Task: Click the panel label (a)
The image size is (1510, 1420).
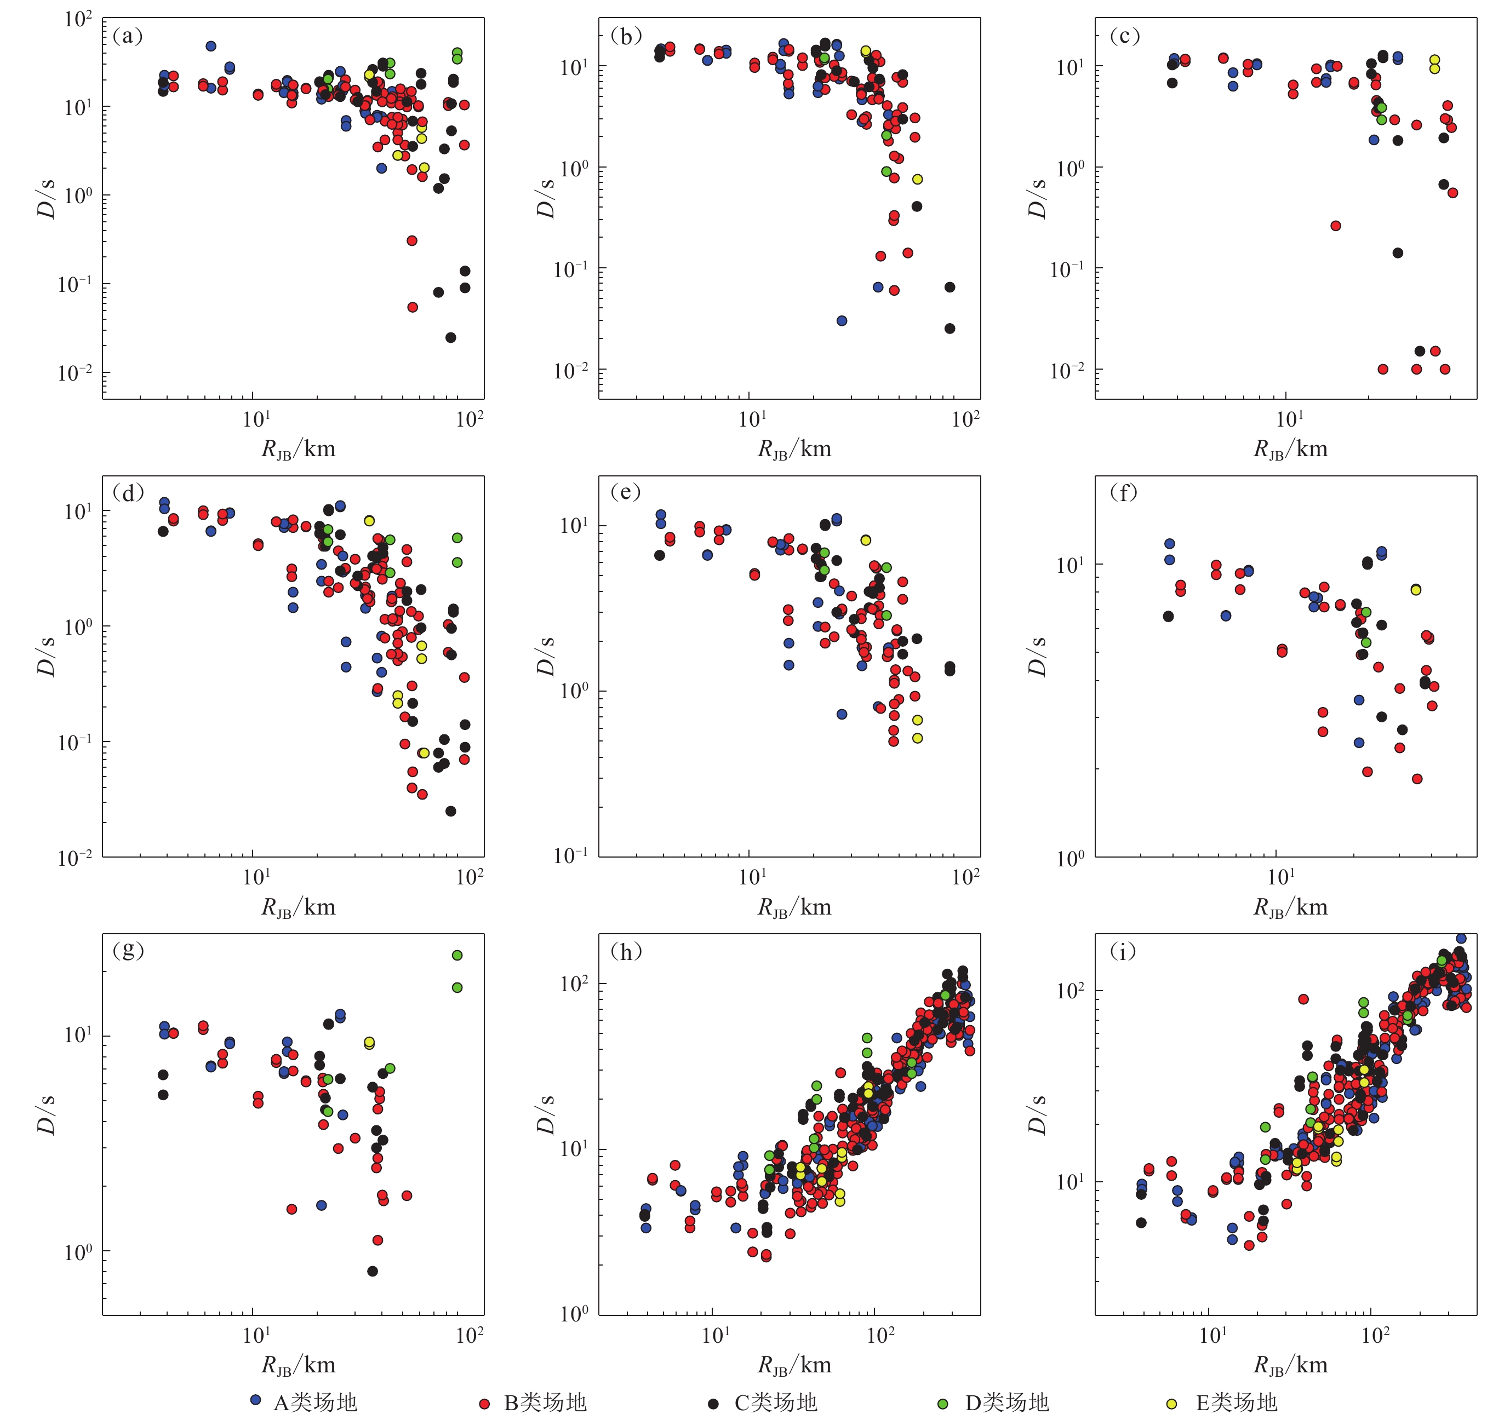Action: [127, 36]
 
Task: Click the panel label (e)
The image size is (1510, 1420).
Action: [625, 492]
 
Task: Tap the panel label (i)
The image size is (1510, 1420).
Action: [1123, 951]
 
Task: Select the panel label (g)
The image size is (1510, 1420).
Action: [128, 950]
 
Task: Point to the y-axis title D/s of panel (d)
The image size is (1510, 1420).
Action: [47, 656]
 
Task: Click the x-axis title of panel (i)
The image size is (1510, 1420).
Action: [1290, 1365]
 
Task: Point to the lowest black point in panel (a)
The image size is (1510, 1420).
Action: [450, 337]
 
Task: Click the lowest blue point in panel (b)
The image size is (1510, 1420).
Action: [842, 320]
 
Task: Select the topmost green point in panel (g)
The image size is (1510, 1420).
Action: [457, 955]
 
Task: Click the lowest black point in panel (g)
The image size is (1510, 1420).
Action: [372, 1271]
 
